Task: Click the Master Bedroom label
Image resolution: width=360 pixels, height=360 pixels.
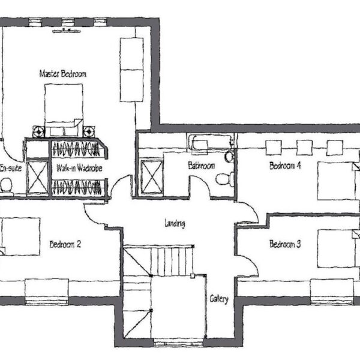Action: (63, 74)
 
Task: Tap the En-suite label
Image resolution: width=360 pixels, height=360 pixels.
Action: (11, 168)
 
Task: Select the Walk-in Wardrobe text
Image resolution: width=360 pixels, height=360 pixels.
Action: (79, 168)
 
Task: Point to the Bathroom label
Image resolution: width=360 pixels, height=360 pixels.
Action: (202, 166)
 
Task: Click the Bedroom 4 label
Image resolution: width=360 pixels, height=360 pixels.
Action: (285, 166)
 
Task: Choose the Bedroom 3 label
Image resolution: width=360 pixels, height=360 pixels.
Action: (285, 244)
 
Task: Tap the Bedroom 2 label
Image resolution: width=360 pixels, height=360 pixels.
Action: (65, 244)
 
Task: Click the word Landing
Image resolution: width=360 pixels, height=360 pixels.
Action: (175, 223)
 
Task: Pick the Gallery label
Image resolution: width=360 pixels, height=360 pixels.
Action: (219, 299)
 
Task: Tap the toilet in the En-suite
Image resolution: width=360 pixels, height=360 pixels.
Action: (6, 185)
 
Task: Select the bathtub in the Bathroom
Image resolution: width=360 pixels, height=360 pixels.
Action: (211, 143)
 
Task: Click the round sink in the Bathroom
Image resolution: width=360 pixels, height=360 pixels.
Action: (229, 157)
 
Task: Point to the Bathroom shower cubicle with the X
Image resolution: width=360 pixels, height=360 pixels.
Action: (152, 177)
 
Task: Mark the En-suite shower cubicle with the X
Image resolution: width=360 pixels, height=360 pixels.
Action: (37, 177)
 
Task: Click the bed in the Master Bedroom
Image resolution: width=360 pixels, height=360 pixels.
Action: (64, 110)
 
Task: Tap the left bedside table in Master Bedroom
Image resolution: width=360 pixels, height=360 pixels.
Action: (38, 132)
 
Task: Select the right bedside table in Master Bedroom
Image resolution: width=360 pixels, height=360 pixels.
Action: (89, 132)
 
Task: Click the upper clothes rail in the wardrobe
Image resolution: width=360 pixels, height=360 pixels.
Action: (76, 149)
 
